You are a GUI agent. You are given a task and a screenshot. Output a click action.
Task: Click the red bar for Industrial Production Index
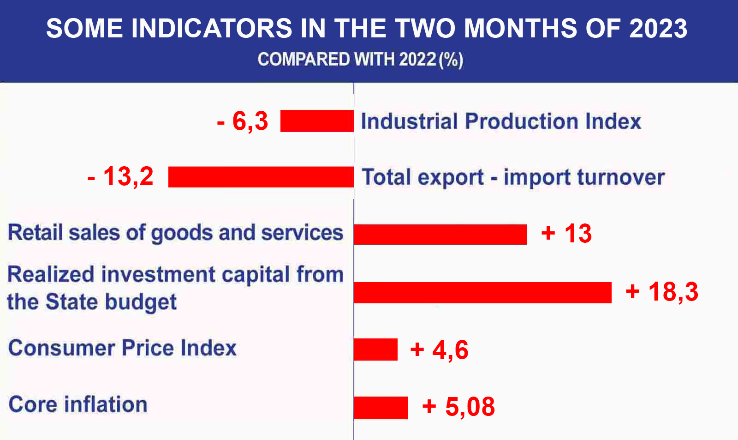317,121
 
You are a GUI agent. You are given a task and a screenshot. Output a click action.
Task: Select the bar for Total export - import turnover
261,177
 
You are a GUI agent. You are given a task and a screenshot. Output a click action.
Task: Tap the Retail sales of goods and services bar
440,234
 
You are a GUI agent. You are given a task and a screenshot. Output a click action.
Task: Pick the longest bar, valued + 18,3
482,293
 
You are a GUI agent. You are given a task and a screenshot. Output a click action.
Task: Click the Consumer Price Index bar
375,350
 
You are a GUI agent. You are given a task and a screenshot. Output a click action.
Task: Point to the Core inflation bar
381,407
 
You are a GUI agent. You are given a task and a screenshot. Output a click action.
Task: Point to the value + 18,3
662,292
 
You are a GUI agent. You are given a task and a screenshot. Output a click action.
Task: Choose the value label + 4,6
439,350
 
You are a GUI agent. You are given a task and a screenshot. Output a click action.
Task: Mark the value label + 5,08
458,407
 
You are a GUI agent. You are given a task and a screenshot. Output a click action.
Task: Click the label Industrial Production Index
501,121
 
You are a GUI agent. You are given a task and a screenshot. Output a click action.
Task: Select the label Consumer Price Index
122,348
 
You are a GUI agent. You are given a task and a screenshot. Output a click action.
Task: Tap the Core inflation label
78,404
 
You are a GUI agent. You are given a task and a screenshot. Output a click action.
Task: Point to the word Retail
35,232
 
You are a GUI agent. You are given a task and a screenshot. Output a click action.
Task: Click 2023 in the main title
658,28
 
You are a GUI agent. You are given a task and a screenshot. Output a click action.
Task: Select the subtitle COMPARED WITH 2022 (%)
360,60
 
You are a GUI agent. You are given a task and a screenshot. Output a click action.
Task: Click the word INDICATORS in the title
212,28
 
